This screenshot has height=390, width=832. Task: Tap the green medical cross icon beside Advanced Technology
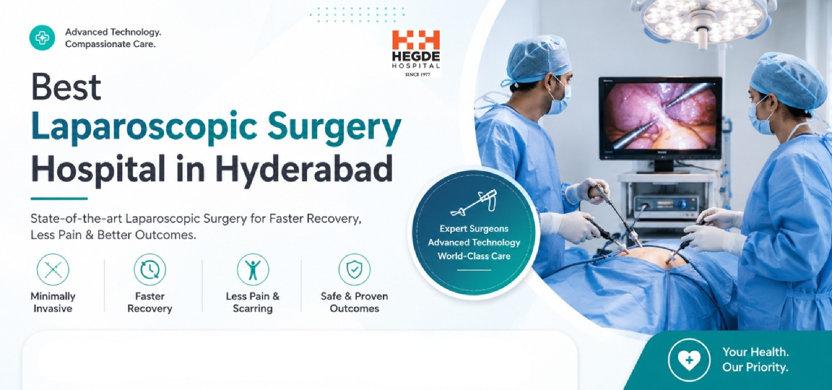[42, 38]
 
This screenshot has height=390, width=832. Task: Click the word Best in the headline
[66, 87]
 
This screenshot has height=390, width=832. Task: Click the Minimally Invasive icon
[53, 270]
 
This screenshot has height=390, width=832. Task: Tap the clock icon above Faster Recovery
[150, 270]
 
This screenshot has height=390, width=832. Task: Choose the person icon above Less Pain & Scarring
[253, 270]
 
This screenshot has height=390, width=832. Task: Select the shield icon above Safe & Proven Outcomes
[354, 270]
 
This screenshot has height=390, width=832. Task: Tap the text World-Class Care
[474, 256]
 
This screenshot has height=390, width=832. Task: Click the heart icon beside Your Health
[689, 360]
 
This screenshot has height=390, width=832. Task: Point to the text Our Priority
[755, 367]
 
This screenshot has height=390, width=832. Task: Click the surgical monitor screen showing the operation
[660, 116]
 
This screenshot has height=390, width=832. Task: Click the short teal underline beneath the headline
[59, 198]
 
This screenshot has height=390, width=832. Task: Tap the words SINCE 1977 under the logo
[418, 75]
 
